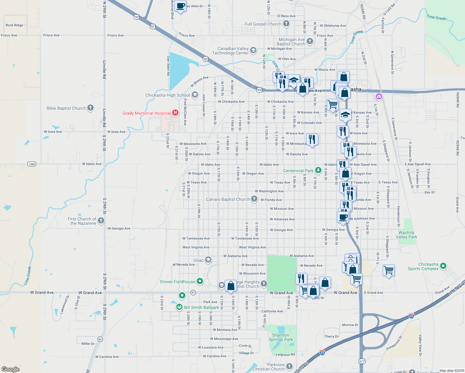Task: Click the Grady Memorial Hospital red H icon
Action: pos(175,113)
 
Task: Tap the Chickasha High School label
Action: pos(168,95)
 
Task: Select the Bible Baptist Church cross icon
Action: pos(90,108)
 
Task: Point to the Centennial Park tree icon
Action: pos(318,170)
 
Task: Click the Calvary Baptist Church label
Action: pos(228,199)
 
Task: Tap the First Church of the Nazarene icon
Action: pos(101,221)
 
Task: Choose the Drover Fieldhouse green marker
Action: pos(200,281)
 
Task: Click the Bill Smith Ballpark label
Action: pos(201,307)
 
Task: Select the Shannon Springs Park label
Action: pos(281,337)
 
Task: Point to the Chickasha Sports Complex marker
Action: pos(444,266)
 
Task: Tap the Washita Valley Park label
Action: pos(406,235)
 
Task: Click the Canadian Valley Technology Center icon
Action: pos(253,50)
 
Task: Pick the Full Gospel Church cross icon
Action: pos(286,24)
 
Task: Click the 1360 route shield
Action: pos(32,164)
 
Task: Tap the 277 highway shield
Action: pos(362,361)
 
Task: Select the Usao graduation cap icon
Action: pos(208,260)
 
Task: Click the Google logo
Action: pos(11,369)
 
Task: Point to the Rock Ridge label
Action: pos(14,25)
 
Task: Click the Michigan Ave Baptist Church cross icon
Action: pos(310,41)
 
